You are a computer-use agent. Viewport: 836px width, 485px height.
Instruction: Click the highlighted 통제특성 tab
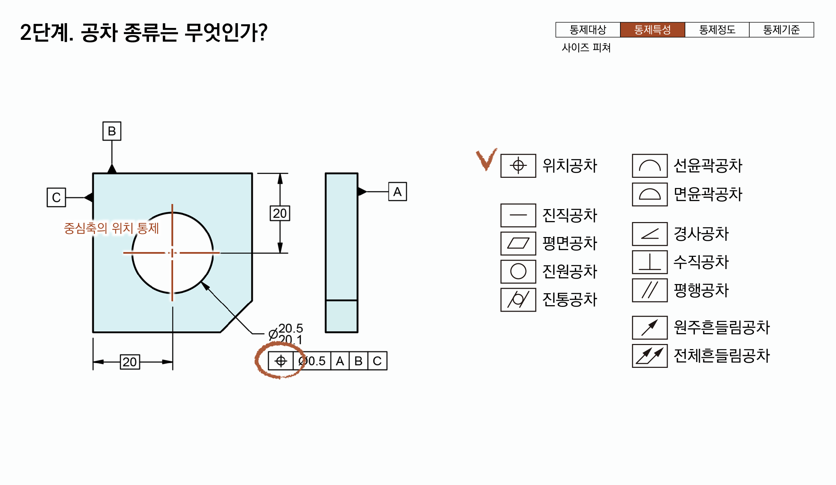click(x=652, y=30)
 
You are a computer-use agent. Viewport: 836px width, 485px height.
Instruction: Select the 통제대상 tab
click(x=588, y=30)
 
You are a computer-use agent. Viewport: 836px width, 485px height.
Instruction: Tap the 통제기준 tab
click(x=781, y=30)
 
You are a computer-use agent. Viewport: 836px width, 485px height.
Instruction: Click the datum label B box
click(x=112, y=131)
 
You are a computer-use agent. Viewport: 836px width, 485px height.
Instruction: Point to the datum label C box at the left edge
click(x=56, y=198)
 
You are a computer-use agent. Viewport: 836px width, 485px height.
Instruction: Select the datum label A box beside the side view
click(x=397, y=192)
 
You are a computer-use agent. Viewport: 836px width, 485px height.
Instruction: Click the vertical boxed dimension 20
click(x=280, y=214)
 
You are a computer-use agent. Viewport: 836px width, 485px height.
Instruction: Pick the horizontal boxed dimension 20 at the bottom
click(x=130, y=362)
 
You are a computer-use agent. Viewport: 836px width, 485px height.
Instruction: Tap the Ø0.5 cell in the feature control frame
click(x=312, y=361)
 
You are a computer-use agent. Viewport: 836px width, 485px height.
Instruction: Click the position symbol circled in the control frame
click(x=281, y=361)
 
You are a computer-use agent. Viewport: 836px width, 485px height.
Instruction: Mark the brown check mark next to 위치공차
click(x=486, y=159)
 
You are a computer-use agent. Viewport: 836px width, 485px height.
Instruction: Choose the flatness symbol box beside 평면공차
click(x=518, y=244)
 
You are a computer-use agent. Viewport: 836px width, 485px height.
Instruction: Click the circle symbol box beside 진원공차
click(x=518, y=271)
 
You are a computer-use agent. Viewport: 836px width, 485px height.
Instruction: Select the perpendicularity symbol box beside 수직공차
click(x=650, y=262)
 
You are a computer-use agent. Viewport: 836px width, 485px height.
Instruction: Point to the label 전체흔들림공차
click(x=721, y=356)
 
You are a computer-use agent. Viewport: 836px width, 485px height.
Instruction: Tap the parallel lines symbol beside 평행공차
click(x=650, y=290)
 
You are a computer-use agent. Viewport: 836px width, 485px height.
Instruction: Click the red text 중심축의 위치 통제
click(x=112, y=228)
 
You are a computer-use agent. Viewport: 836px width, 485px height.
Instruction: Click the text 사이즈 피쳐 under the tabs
click(x=586, y=48)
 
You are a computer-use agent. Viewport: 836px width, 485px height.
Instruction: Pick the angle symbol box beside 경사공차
click(x=650, y=234)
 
